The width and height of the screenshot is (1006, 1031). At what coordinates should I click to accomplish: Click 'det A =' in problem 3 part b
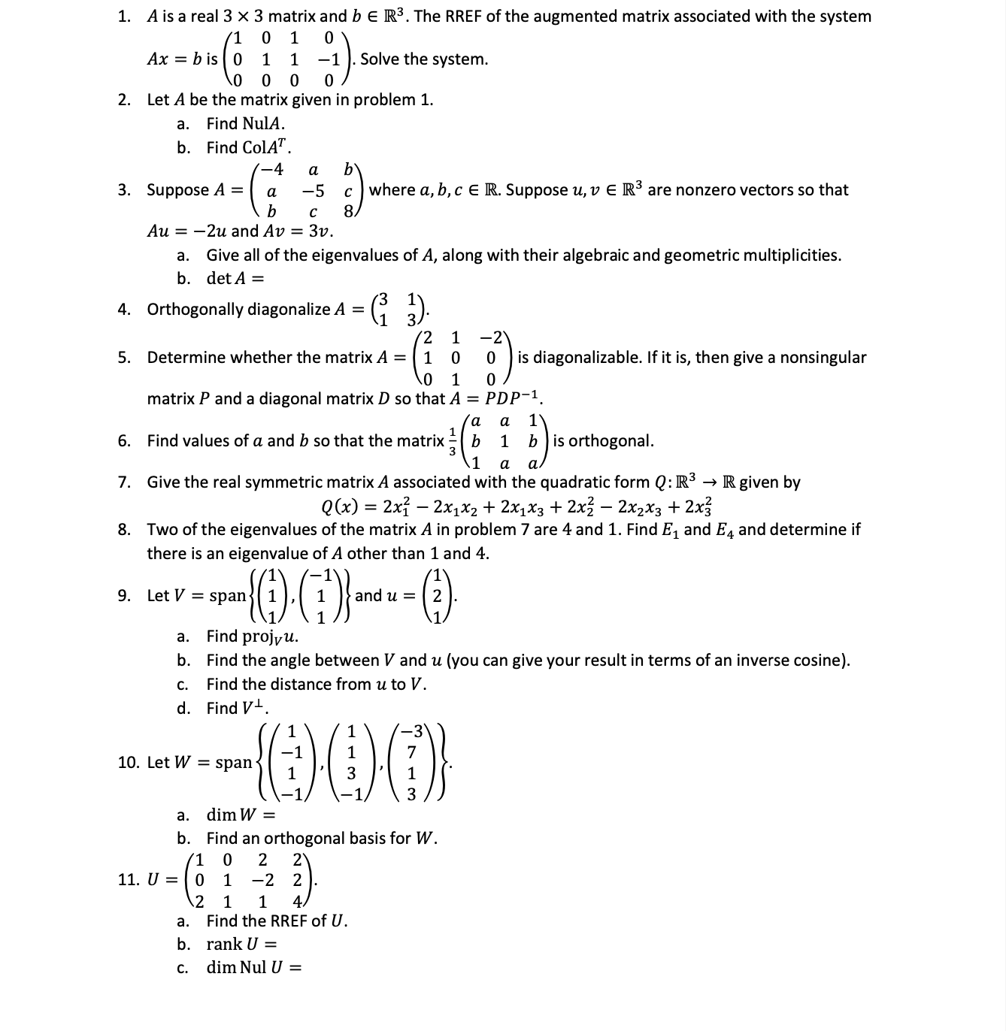tap(235, 278)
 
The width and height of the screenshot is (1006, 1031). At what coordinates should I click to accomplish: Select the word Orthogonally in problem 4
tap(192, 310)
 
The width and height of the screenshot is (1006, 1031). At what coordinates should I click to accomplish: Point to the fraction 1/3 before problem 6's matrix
tap(452, 441)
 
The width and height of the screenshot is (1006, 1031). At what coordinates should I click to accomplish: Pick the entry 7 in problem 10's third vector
tap(411, 751)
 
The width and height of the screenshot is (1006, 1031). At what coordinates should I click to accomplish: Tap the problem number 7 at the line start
tap(123, 482)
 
